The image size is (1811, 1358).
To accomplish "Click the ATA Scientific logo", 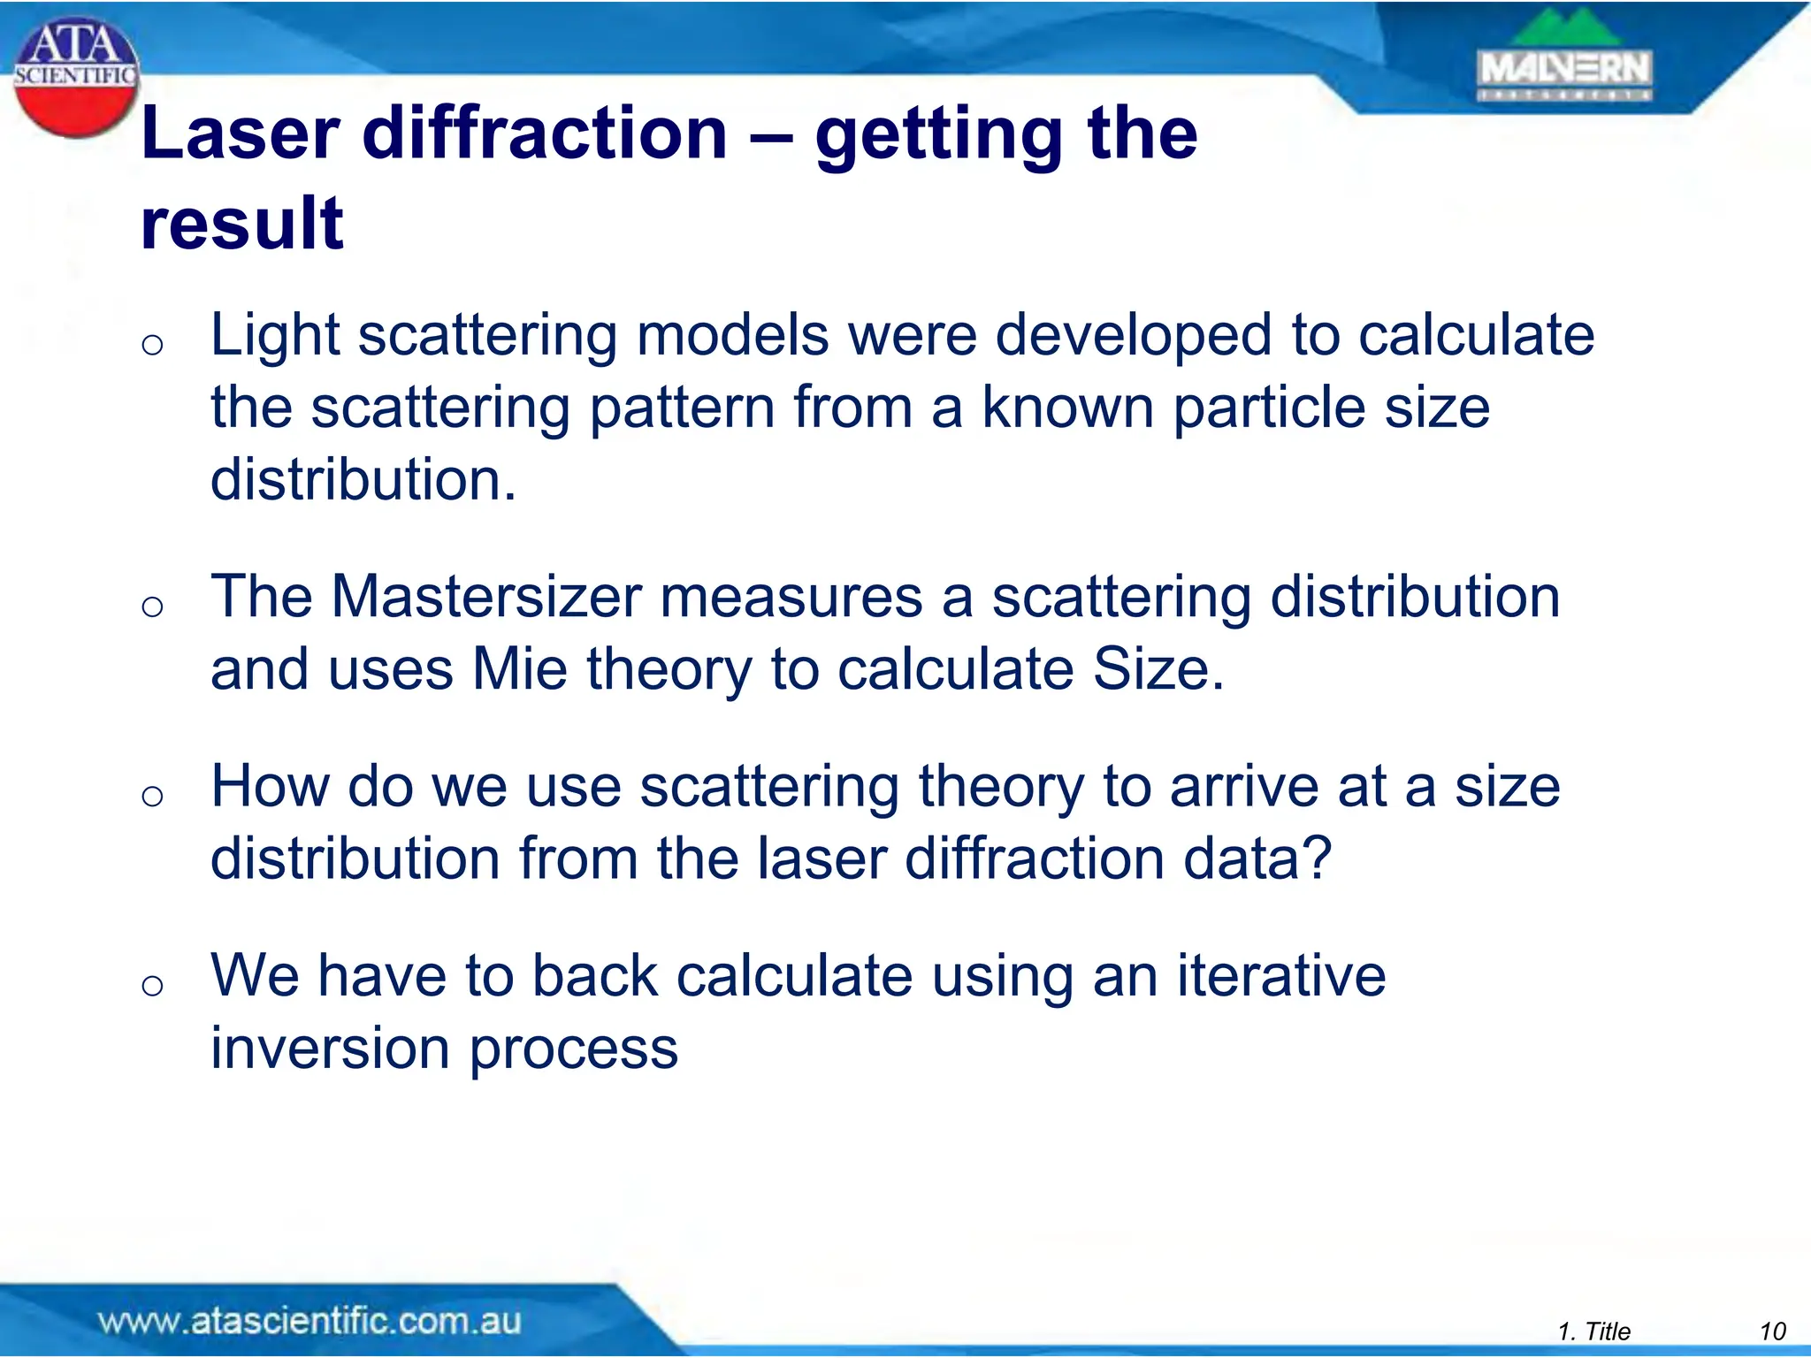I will [76, 78].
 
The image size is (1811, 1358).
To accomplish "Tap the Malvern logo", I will [1564, 61].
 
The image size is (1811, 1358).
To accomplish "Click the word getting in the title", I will [936, 137].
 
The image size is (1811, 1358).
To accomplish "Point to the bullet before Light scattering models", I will [152, 345].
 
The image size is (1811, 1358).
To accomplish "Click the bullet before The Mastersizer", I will [152, 607].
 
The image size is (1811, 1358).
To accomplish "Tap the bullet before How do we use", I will [152, 796].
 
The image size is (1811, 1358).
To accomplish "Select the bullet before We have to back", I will [152, 985].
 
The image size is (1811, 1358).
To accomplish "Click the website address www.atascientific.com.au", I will [309, 1321].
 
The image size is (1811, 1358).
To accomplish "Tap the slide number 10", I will [1772, 1331].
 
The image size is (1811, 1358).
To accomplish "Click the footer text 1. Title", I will [1593, 1331].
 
